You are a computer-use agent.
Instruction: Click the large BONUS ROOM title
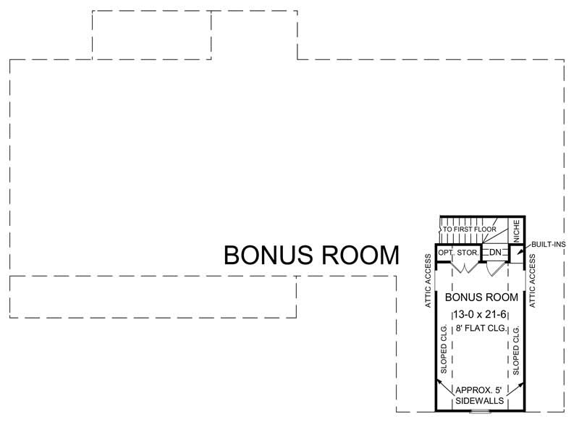(311, 256)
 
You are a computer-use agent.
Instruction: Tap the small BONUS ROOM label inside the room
(481, 297)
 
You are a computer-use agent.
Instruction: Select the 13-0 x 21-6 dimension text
(481, 315)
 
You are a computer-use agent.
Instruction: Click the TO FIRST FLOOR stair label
(470, 229)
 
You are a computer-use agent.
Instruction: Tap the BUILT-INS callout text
(549, 245)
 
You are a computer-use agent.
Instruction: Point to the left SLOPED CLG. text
(444, 350)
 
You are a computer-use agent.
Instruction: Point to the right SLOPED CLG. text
(517, 350)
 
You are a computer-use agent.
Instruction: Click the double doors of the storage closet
(462, 266)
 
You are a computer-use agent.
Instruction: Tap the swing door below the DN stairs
(494, 268)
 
